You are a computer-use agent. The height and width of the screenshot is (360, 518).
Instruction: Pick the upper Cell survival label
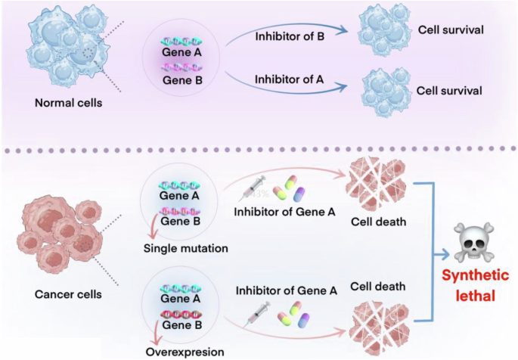click(450, 32)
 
